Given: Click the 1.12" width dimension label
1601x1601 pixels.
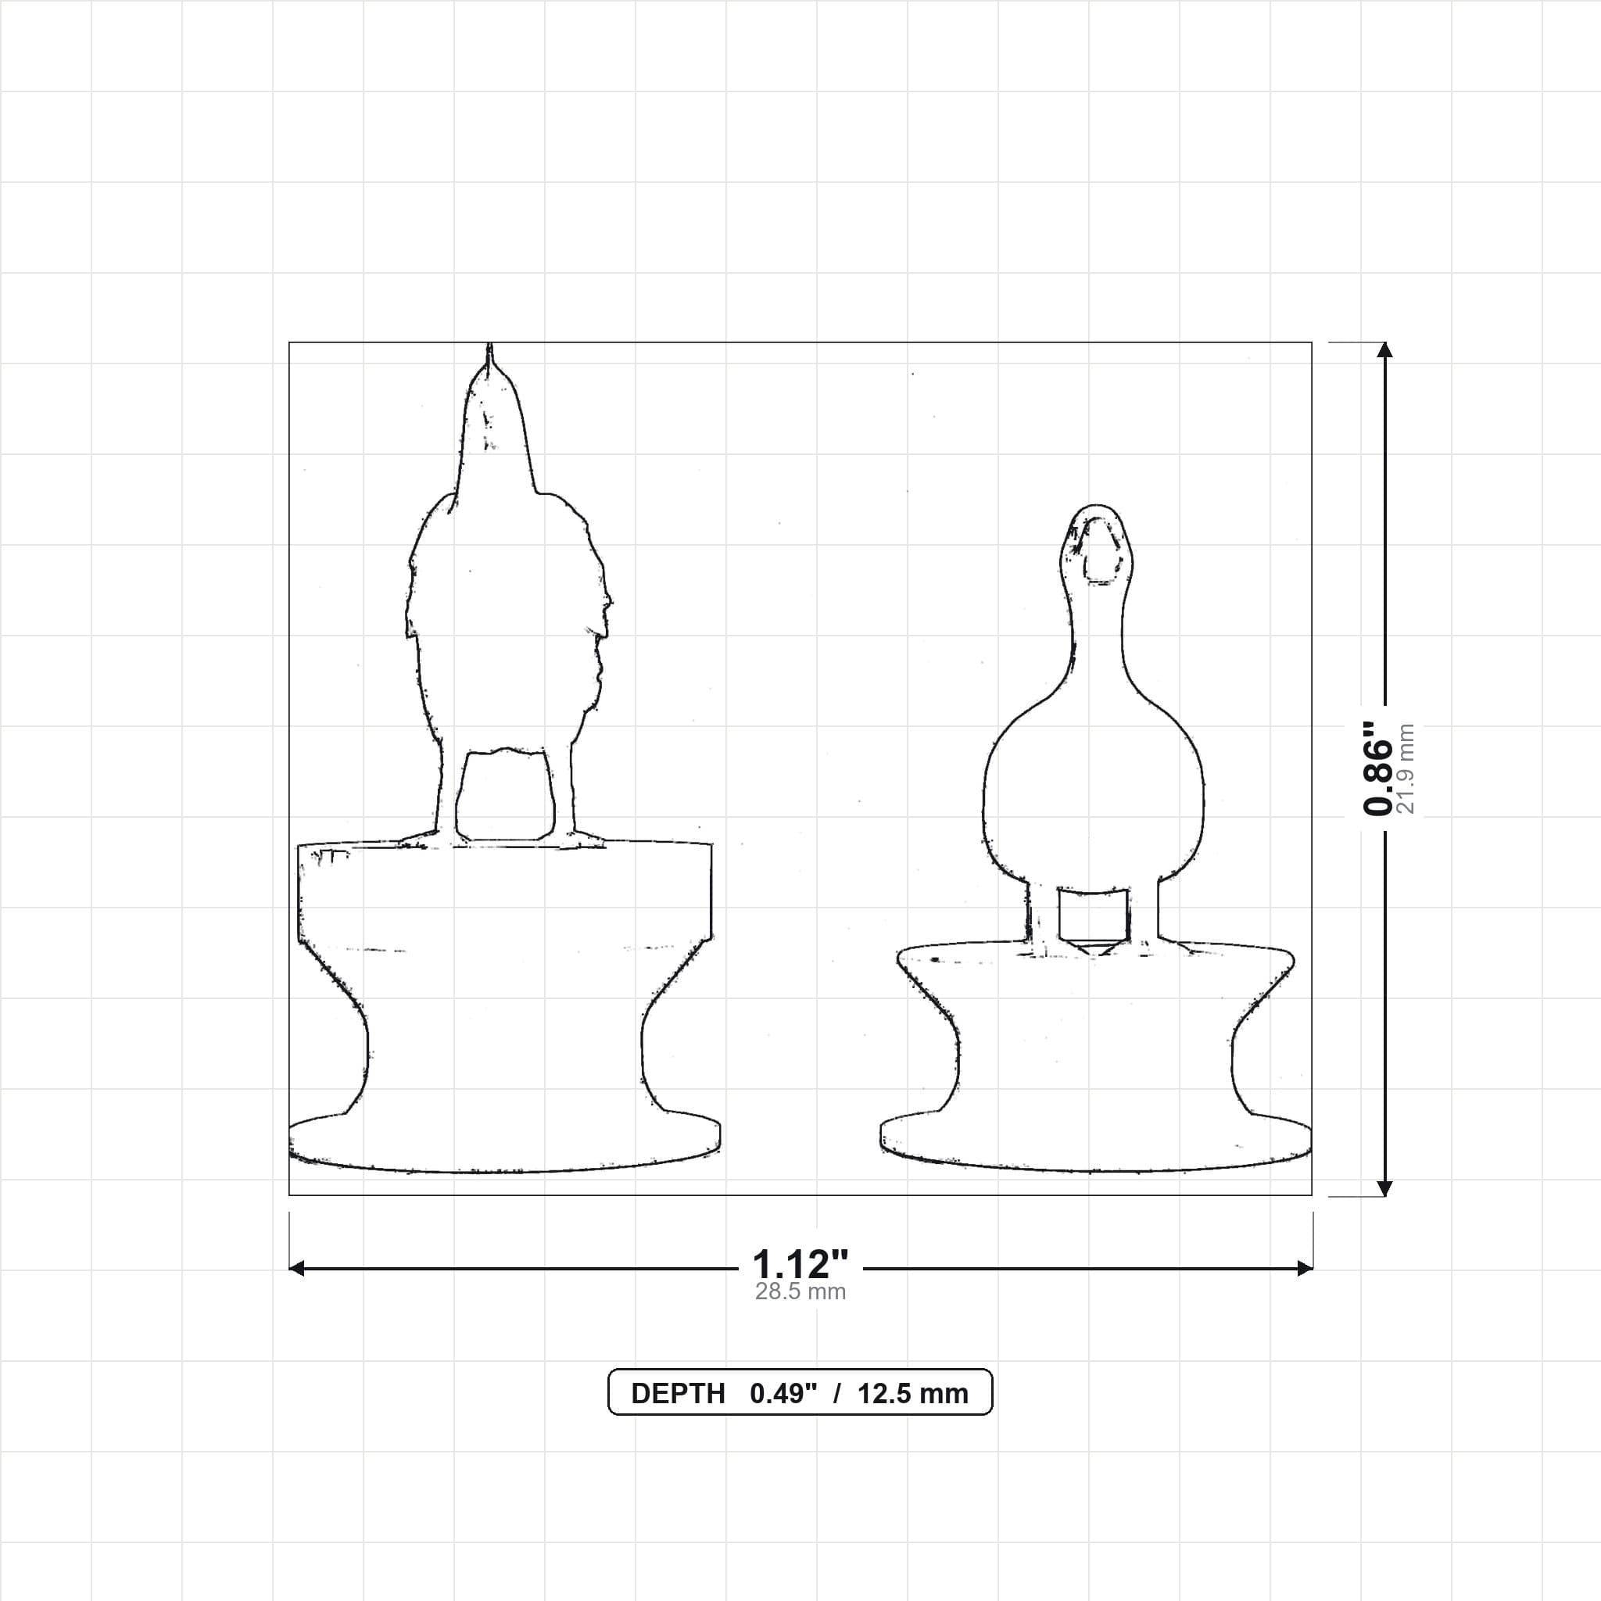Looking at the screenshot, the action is point(800,1265).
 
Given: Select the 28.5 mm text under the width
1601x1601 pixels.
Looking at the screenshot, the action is point(800,1292).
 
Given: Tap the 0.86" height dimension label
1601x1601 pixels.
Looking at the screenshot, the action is point(1378,768).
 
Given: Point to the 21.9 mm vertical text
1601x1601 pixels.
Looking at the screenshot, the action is point(1406,768).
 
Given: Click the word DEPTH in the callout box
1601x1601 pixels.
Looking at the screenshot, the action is point(678,1394).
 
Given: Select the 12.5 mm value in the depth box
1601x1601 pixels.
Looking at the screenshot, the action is point(912,1394).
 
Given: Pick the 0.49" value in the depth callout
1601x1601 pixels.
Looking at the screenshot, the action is point(783,1394).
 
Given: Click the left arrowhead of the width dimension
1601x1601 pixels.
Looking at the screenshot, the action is point(296,1268).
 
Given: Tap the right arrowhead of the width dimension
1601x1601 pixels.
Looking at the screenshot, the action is point(1305,1268).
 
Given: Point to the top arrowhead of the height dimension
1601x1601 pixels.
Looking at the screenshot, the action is point(1384,349).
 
